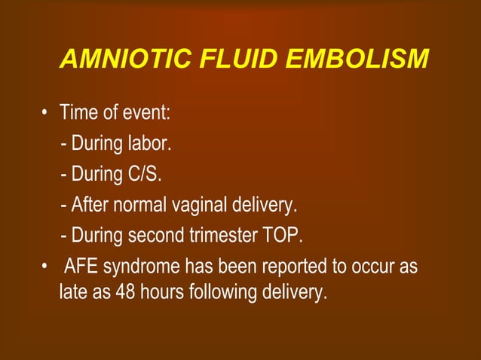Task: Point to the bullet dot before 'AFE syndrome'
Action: [46, 268]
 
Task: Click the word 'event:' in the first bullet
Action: [148, 114]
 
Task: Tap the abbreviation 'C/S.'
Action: [143, 174]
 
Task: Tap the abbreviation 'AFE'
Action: [81, 267]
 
